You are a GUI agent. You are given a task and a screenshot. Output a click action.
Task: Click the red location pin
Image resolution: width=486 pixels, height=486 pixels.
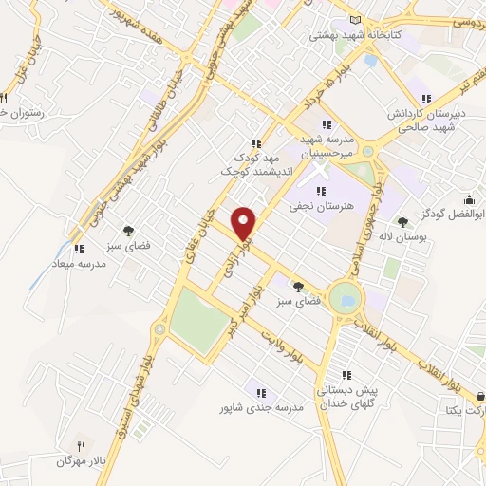click(x=244, y=224)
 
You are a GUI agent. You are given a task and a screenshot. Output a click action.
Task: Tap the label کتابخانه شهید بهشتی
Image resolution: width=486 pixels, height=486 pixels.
click(x=356, y=35)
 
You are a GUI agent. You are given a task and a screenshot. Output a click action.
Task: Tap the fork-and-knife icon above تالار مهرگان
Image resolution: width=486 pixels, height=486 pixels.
click(x=81, y=445)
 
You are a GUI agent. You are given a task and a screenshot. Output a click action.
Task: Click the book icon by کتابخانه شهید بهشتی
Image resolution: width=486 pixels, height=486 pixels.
click(x=356, y=21)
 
